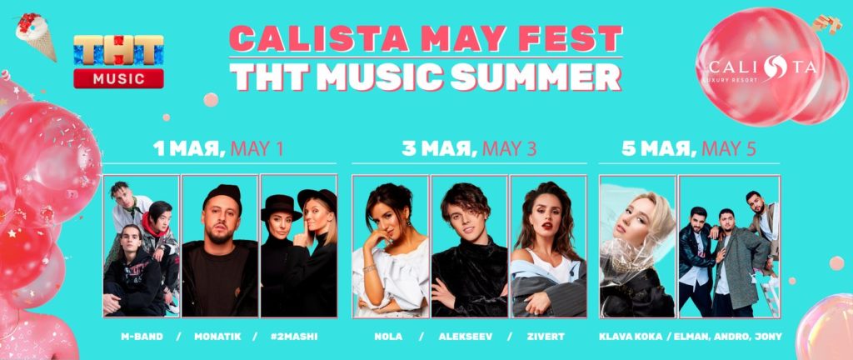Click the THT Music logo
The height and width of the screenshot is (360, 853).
(118, 62)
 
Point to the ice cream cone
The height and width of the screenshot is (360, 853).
(36, 35)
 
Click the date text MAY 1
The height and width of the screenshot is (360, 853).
(257, 148)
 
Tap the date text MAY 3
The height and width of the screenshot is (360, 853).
(509, 148)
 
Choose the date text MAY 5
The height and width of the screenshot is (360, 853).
(728, 148)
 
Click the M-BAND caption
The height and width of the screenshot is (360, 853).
(142, 337)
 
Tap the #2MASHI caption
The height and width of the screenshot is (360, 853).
(295, 337)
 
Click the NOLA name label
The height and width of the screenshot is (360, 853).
(388, 337)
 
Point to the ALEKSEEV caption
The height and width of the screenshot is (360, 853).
(465, 337)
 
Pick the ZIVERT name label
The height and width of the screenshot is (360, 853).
(546, 337)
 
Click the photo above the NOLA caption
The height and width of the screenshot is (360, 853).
(391, 246)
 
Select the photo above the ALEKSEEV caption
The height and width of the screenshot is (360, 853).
(470, 246)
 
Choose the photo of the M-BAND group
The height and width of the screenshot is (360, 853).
(142, 246)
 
